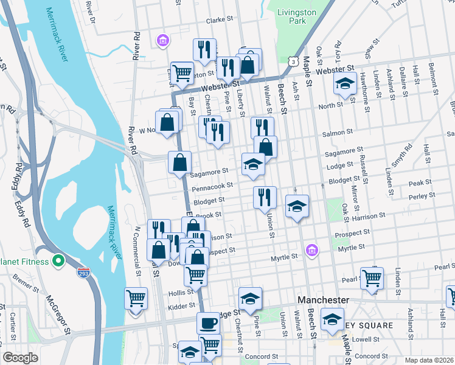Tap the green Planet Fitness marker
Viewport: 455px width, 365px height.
coord(58,262)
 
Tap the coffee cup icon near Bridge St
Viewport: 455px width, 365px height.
coord(208,322)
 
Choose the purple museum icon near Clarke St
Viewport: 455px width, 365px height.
coord(162,41)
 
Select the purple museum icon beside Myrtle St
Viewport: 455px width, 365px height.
coord(312,250)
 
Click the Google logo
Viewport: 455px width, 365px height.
coord(20,358)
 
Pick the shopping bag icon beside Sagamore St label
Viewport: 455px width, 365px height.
coord(180,162)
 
